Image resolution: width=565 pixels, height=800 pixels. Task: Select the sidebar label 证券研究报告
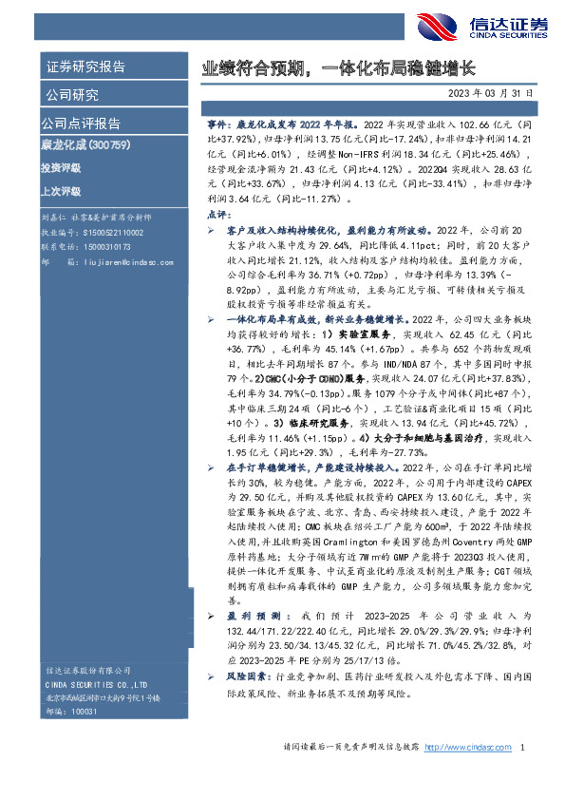coord(85,67)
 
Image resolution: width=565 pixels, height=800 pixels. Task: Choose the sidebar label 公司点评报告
coord(80,124)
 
